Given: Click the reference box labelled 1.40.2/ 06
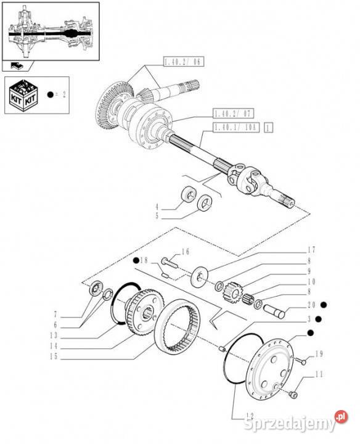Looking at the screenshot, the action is (x=184, y=62).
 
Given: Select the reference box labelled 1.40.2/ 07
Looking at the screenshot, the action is (x=234, y=114).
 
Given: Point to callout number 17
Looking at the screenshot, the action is (x=311, y=250).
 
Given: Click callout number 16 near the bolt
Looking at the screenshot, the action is (x=186, y=252).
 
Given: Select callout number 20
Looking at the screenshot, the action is (x=311, y=305).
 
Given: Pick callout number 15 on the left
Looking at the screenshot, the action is (x=54, y=356).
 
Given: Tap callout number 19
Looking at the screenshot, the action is (x=319, y=354).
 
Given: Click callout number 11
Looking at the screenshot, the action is (x=319, y=374).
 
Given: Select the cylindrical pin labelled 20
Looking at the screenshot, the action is (x=274, y=311).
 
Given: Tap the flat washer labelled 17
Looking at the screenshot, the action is (x=200, y=276).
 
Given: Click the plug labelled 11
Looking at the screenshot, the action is (x=293, y=395).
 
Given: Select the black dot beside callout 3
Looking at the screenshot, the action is (x=318, y=319).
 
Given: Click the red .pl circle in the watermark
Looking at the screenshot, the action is (x=341, y=416).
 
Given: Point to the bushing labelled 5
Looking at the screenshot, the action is (x=205, y=202).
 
